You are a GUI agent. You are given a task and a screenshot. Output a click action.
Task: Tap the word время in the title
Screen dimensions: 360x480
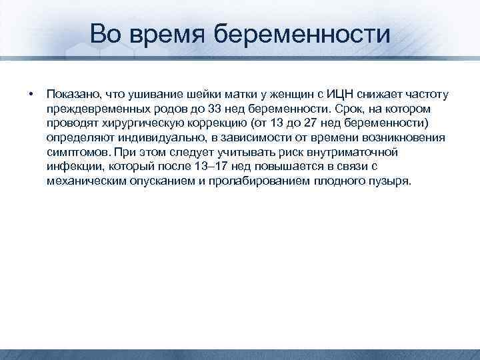pyautogui.click(x=177, y=33)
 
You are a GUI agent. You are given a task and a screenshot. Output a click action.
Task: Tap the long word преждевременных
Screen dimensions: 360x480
pyautogui.click(x=94, y=108)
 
